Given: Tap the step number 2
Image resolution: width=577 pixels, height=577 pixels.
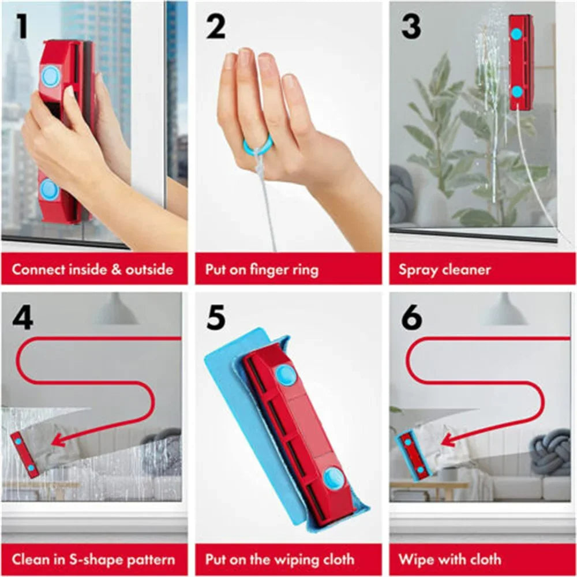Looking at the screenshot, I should [215, 27].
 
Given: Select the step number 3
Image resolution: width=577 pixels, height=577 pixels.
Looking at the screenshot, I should [411, 27].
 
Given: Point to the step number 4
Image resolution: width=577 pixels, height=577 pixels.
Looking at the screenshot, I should [22, 319].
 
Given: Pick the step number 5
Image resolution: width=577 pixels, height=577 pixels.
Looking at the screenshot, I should [215, 319].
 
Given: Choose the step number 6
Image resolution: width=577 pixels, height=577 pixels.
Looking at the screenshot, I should [411, 319].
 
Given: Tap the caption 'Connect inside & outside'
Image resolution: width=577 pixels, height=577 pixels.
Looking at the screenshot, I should [92, 269].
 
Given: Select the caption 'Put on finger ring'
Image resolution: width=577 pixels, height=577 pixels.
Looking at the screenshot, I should [261, 269].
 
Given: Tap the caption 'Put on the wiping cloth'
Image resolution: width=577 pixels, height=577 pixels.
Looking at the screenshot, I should [280, 559].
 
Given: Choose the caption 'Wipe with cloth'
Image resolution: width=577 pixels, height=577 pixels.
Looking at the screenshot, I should [449, 559].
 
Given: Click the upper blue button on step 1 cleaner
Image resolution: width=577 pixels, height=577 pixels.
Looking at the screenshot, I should [50, 76].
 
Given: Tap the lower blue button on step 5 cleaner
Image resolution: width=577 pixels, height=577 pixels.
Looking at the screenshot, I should [333, 478].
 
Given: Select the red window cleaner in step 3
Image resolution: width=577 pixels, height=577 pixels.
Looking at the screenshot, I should [521, 62].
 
